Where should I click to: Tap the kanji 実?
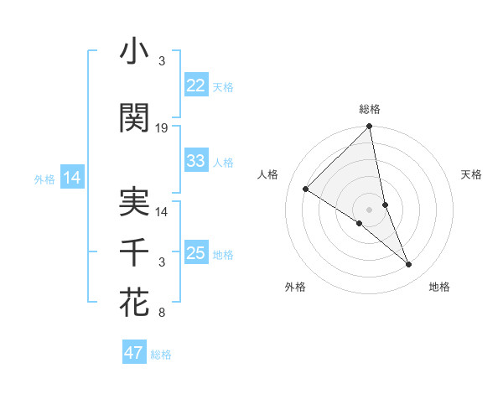[x=135, y=204]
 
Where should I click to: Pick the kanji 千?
[x=135, y=252]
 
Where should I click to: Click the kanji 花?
[x=135, y=303]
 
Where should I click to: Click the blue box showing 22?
[x=196, y=86]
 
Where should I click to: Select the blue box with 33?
[x=196, y=161]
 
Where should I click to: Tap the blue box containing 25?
[x=196, y=253]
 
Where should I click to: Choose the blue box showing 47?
[x=134, y=353]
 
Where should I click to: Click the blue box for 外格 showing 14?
[x=71, y=178]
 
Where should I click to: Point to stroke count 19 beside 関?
[x=162, y=128]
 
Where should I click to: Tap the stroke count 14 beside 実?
[x=162, y=212]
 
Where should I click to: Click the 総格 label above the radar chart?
[x=370, y=109]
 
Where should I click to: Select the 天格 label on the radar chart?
[x=471, y=174]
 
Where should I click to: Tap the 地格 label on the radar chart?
[x=439, y=287]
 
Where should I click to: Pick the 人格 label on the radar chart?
[x=267, y=174]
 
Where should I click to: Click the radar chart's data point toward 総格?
[x=370, y=127]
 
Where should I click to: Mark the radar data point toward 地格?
[x=409, y=265]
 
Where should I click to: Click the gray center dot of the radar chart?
[x=369, y=209]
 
